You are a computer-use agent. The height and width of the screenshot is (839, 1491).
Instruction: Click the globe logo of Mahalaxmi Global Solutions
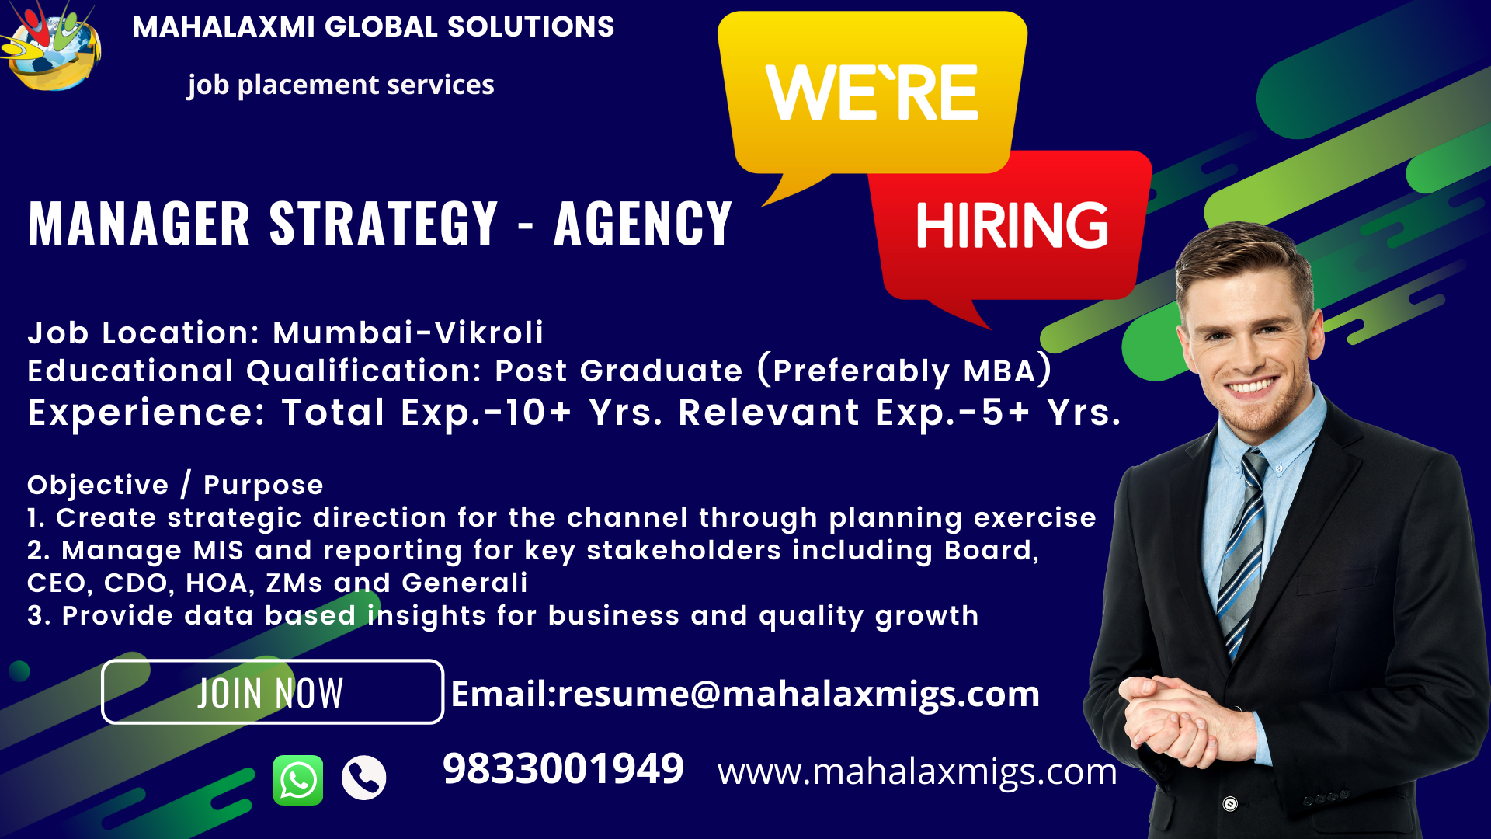click(51, 47)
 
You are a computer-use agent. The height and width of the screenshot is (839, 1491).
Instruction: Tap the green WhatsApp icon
click(298, 780)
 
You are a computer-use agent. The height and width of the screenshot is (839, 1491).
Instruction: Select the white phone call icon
click(364, 778)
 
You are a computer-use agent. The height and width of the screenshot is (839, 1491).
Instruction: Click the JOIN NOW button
click(273, 692)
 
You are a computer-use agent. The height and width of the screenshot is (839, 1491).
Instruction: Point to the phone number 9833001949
click(563, 769)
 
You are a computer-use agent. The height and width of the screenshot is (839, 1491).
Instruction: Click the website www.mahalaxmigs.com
click(917, 772)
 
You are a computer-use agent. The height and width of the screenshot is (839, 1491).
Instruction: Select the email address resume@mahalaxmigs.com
click(798, 694)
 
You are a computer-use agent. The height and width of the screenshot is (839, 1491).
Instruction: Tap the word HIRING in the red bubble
click(1012, 226)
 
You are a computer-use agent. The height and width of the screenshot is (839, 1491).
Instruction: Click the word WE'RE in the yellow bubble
click(871, 92)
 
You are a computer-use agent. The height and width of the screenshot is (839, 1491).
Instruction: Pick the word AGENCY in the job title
click(643, 224)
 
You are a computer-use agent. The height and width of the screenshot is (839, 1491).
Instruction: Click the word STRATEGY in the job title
click(384, 224)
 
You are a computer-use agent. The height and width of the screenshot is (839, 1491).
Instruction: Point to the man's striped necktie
click(1244, 551)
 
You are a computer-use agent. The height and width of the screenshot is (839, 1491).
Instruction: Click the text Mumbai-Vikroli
click(408, 333)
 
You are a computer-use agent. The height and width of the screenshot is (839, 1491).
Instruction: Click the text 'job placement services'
click(341, 85)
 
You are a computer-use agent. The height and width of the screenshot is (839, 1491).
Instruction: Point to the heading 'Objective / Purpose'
click(176, 485)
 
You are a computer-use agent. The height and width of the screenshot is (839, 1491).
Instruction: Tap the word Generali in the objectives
click(464, 583)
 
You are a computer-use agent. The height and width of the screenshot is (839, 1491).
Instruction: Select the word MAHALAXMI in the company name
click(224, 27)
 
